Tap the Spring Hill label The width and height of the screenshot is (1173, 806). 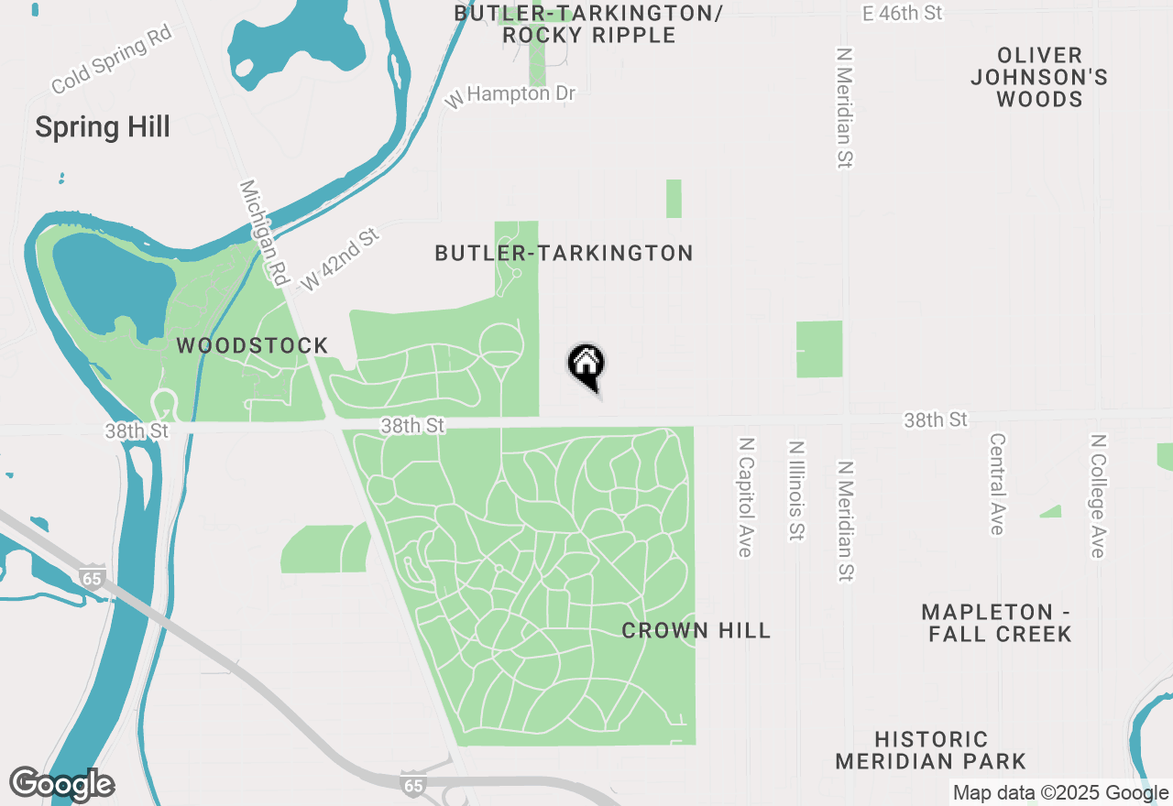tap(103, 127)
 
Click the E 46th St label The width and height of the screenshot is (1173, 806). tap(902, 13)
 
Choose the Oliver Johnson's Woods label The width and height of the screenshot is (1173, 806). tap(1039, 77)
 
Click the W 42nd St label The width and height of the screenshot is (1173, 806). tap(339, 260)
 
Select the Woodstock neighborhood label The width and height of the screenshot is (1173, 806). tap(252, 345)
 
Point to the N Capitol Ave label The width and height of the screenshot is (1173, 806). tap(746, 496)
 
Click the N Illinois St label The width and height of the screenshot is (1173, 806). tap(795, 490)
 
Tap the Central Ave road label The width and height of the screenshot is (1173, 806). tap(997, 483)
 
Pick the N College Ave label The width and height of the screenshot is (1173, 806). tap(1096, 496)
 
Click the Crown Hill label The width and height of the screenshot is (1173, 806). tap(696, 630)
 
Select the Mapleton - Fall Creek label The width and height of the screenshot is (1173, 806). tap(999, 623)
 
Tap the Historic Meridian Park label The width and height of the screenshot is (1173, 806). tap(930, 750)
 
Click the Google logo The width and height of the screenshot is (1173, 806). tap(61, 785)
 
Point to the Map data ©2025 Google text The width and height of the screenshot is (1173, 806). tap(1060, 793)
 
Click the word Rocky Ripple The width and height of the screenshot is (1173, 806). tap(589, 35)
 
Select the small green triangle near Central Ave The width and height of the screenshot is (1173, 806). tap(1052, 511)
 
